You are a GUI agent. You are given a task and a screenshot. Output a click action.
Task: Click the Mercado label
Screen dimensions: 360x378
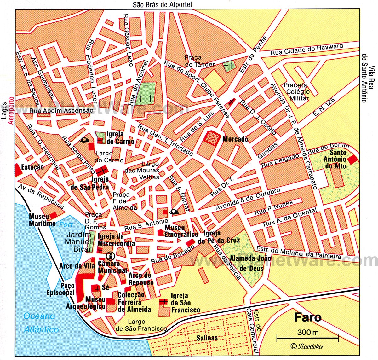coord(235,139)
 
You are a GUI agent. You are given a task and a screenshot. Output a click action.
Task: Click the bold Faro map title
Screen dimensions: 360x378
coord(308,317)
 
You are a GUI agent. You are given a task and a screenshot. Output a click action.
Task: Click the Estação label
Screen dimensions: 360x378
coord(32,166)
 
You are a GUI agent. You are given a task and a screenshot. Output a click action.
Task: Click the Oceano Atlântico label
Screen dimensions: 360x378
coord(41,323)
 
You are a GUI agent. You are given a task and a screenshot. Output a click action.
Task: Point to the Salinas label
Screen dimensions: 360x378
coord(207,338)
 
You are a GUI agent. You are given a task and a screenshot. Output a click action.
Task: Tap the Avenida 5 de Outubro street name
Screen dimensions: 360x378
coord(248,200)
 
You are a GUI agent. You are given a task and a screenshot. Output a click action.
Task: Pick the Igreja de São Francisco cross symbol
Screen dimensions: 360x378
coord(163,302)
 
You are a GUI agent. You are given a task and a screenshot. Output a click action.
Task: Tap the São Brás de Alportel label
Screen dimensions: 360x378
coord(162,4)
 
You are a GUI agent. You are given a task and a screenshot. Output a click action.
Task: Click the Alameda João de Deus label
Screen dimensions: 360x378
coord(250,263)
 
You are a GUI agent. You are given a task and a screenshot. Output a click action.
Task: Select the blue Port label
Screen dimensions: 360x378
coord(66,224)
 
